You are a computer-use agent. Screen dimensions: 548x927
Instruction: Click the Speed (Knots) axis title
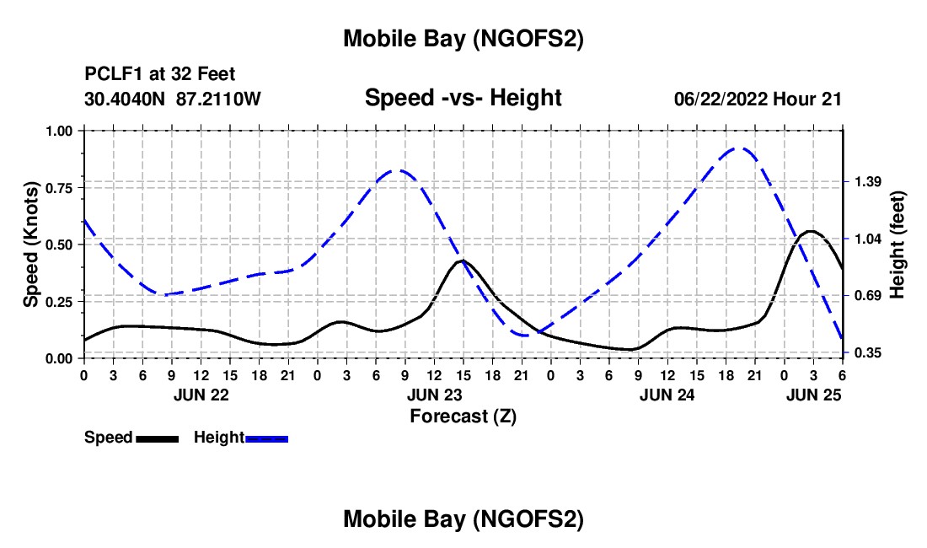coord(30,244)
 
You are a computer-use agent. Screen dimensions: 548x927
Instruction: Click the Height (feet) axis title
coord(897,244)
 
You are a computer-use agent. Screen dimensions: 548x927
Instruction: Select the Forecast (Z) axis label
coord(463,416)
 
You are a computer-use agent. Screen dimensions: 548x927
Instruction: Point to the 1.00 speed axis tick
coord(61,131)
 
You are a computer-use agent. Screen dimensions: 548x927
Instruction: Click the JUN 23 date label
coord(434,394)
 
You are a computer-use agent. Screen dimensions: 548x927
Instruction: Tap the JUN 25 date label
coord(813,394)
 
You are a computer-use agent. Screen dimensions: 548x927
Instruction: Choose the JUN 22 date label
coord(201,394)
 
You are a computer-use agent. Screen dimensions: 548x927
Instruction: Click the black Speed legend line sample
coord(157,438)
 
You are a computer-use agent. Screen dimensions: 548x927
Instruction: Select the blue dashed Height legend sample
coord(266,438)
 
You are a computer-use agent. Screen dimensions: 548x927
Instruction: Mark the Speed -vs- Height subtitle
coord(463,98)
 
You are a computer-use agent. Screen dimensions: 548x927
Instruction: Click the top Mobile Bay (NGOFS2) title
coord(463,39)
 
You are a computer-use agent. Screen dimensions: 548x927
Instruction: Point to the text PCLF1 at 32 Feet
coord(160,75)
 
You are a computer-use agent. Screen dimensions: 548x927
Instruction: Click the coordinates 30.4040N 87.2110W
coord(173,99)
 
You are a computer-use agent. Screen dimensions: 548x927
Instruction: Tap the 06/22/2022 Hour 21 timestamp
coord(758,99)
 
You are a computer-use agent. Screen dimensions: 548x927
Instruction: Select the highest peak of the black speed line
coord(811,231)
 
